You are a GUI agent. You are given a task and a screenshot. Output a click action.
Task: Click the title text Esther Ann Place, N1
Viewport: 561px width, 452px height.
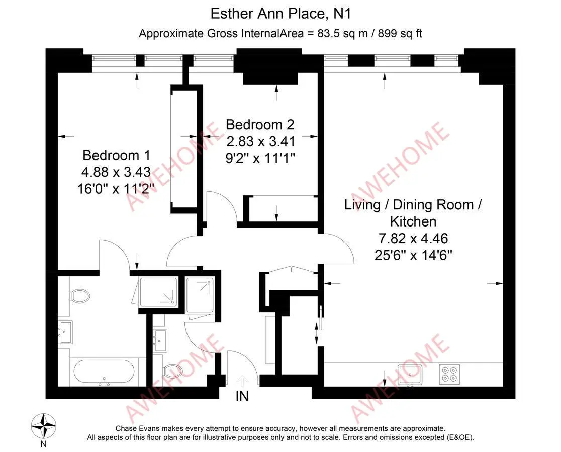click(x=280, y=13)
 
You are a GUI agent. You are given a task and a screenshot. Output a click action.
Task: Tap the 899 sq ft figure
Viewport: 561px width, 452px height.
click(x=396, y=34)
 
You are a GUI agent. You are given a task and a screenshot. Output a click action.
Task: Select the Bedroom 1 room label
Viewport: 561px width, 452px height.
click(x=116, y=155)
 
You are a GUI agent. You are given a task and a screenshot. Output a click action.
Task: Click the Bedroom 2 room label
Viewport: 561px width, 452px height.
click(x=259, y=124)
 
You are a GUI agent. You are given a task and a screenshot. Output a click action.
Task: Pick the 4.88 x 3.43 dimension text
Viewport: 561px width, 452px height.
click(x=116, y=172)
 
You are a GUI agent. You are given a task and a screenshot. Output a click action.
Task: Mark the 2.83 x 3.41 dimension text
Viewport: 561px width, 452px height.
click(x=259, y=141)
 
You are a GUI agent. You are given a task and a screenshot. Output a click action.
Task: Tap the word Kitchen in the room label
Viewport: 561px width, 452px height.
click(x=413, y=221)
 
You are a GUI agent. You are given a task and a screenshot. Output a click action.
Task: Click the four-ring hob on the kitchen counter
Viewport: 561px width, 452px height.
click(x=449, y=374)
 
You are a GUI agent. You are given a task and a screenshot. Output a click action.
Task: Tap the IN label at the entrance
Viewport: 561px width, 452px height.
click(x=242, y=396)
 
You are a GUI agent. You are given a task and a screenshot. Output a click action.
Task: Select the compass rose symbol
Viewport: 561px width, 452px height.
click(x=44, y=424)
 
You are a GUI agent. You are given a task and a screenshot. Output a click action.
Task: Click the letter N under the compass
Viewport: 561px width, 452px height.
click(x=44, y=443)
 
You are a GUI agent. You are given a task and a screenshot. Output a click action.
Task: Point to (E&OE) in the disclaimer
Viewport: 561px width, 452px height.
click(x=458, y=437)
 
